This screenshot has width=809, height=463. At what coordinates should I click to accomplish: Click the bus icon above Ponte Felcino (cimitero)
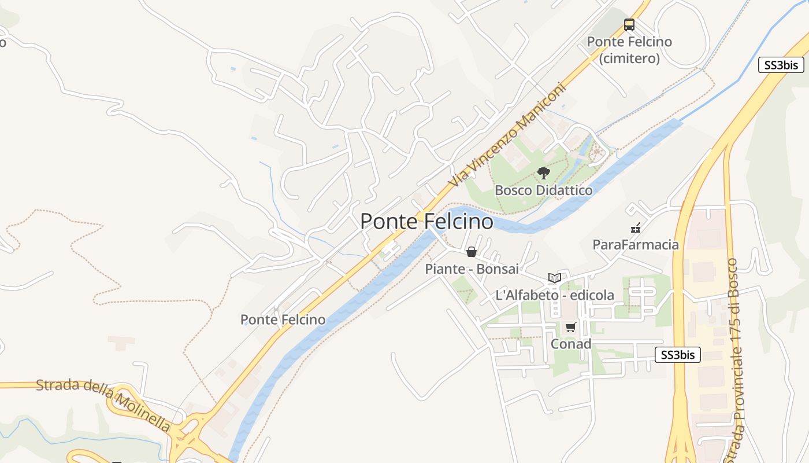point(629,25)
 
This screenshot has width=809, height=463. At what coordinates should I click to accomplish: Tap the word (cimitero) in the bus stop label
point(629,58)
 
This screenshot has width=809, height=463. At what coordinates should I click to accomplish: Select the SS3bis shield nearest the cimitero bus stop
point(781,65)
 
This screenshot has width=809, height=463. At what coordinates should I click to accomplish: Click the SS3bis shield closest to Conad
point(677,355)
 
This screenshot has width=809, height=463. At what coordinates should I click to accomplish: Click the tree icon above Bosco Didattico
point(543,172)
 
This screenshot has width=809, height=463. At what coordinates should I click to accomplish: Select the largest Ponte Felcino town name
point(426,221)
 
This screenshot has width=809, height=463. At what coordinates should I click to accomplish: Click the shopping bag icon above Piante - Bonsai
point(472,252)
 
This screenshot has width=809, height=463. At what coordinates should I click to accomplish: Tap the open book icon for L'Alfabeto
point(555,278)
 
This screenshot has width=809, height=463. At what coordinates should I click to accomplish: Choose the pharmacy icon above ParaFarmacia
point(636,228)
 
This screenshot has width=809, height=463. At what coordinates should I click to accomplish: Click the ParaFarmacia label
point(636,245)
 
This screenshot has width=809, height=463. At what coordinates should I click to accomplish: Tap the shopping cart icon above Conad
point(571,328)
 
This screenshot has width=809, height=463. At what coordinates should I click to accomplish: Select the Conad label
point(571,344)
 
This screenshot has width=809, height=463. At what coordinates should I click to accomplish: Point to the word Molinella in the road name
point(142,412)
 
